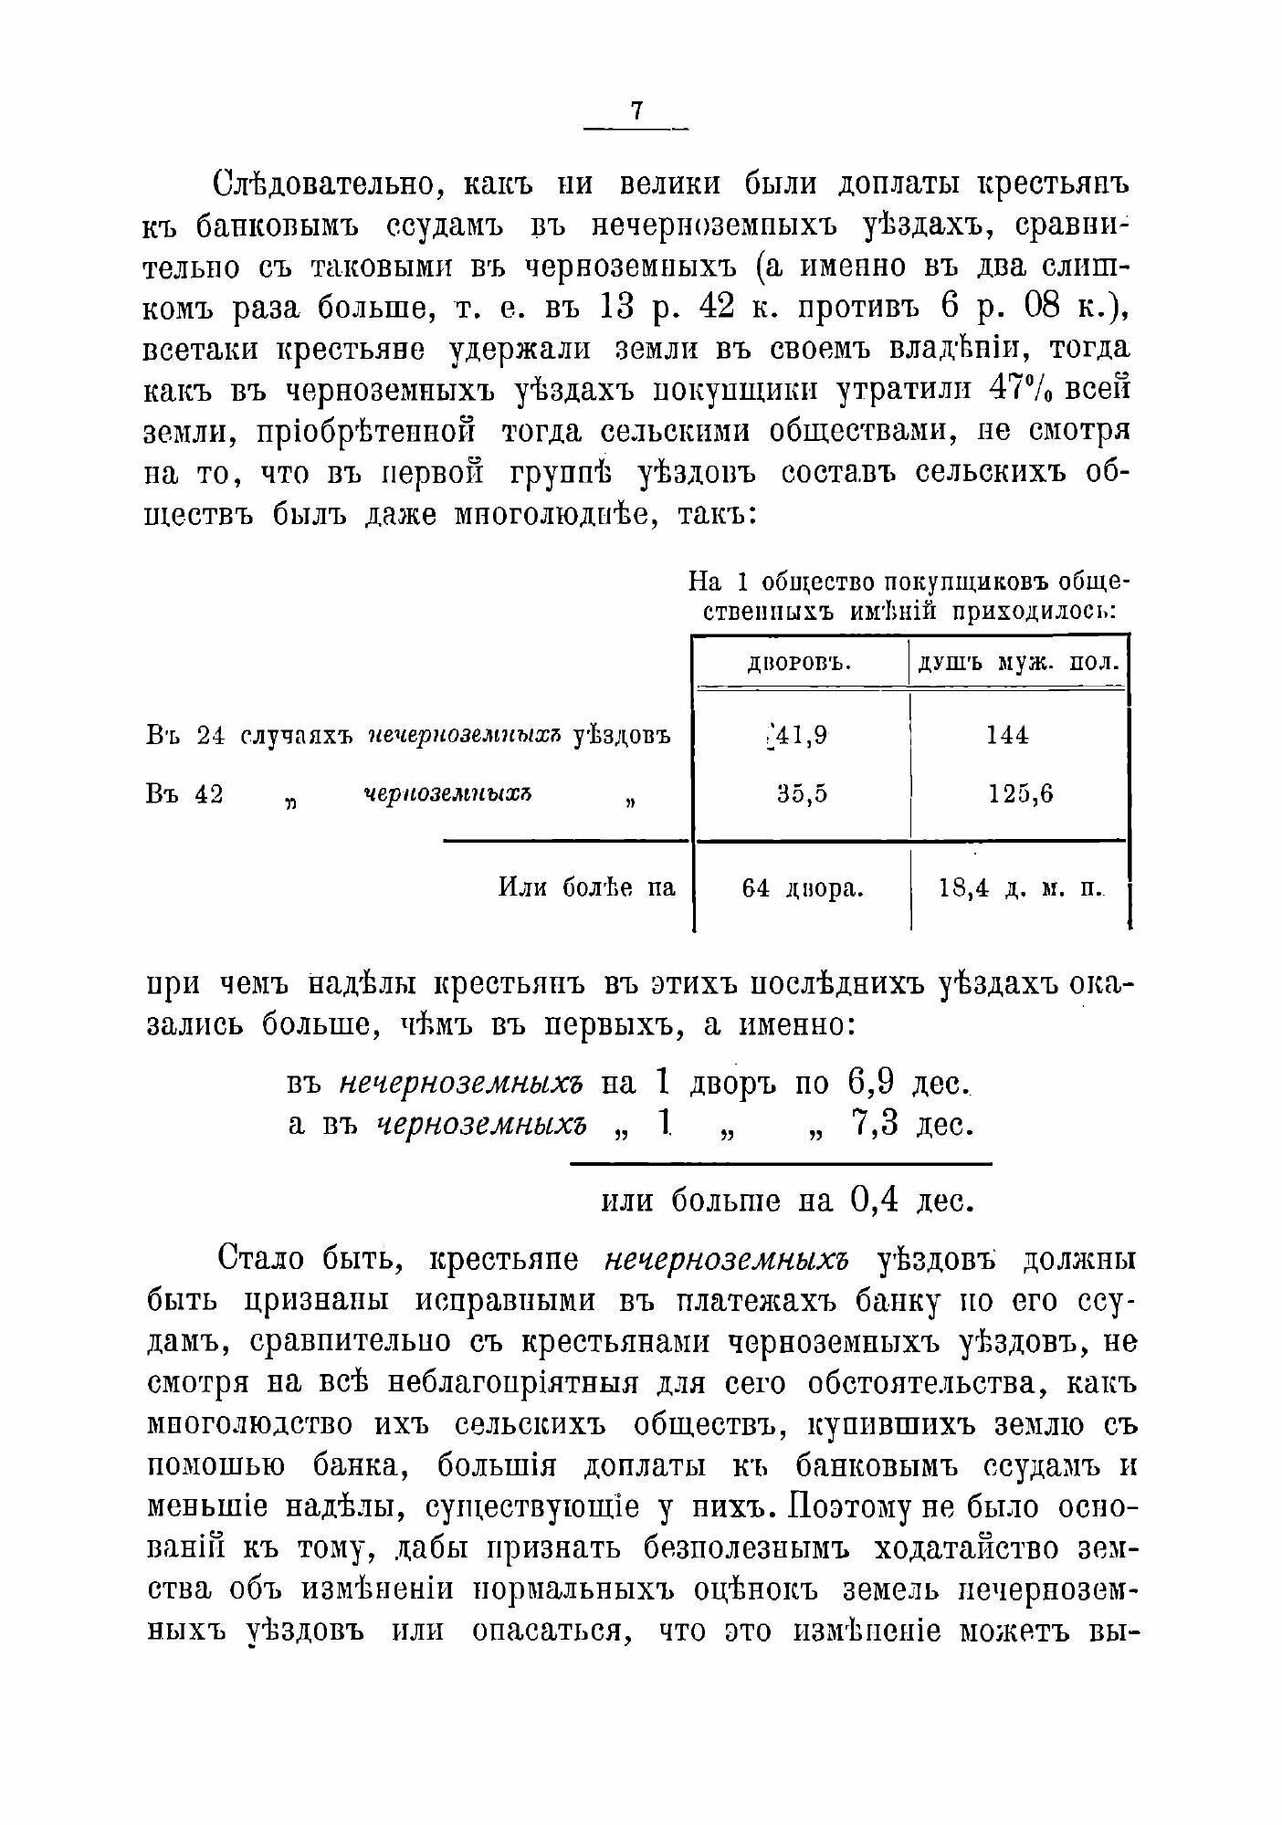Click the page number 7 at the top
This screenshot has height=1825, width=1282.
pyautogui.click(x=636, y=110)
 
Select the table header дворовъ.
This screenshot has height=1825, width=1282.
pyautogui.click(x=799, y=663)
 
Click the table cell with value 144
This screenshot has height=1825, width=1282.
pyautogui.click(x=1007, y=735)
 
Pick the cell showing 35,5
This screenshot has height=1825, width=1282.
pyautogui.click(x=803, y=794)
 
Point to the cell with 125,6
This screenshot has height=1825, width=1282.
pyautogui.click(x=1020, y=794)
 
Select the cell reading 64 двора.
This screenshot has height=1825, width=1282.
pyautogui.click(x=803, y=888)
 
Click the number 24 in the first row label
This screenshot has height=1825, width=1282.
pyautogui.click(x=210, y=736)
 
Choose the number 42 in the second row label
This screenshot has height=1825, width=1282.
pyautogui.click(x=209, y=794)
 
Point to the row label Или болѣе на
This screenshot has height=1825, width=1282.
pyautogui.click(x=587, y=887)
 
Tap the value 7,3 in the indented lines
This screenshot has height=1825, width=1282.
pyautogui.click(x=875, y=1124)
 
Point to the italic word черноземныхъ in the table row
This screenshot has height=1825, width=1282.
pyautogui.click(x=448, y=794)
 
